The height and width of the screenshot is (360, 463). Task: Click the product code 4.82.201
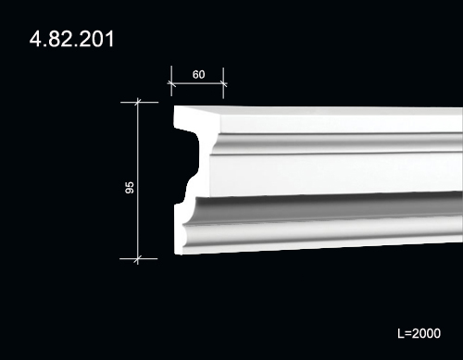pyautogui.click(x=71, y=39)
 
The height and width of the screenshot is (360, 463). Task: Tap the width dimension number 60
pyautogui.click(x=198, y=74)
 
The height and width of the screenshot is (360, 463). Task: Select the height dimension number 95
pyautogui.click(x=130, y=188)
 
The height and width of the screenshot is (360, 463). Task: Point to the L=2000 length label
pyautogui.click(x=419, y=333)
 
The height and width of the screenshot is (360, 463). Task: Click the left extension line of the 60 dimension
pyautogui.click(x=171, y=81)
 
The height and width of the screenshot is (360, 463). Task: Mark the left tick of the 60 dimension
pyautogui.click(x=171, y=83)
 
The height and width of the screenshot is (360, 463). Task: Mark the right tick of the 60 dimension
pyautogui.click(x=223, y=83)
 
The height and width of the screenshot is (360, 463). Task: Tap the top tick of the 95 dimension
pyautogui.click(x=138, y=102)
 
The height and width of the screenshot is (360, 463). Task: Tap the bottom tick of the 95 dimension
pyautogui.click(x=138, y=259)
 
